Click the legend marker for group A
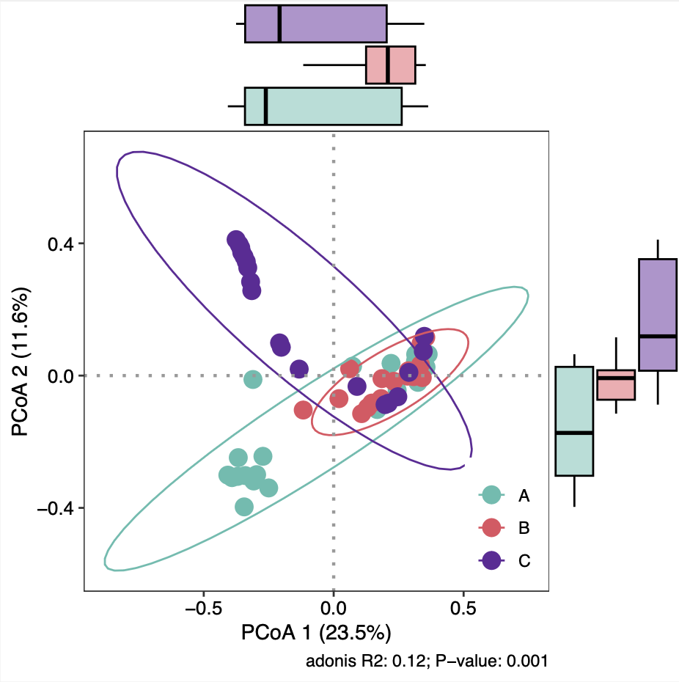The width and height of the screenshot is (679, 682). click(x=491, y=496)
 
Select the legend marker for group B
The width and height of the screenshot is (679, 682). click(x=491, y=528)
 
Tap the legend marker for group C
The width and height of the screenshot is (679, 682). click(x=491, y=560)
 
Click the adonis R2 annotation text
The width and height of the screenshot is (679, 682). click(x=427, y=661)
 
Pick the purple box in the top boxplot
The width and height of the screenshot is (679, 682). click(x=315, y=23)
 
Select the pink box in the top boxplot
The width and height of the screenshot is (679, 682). click(x=391, y=65)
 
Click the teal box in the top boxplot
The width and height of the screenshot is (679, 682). click(x=323, y=106)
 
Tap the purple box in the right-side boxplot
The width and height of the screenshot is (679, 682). click(x=657, y=315)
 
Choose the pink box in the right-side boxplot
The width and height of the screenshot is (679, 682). click(x=616, y=384)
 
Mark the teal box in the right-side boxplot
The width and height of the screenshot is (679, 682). click(x=573, y=421)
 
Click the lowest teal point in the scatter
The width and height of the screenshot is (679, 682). click(x=244, y=507)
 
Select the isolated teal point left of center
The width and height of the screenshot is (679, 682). click(x=252, y=379)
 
